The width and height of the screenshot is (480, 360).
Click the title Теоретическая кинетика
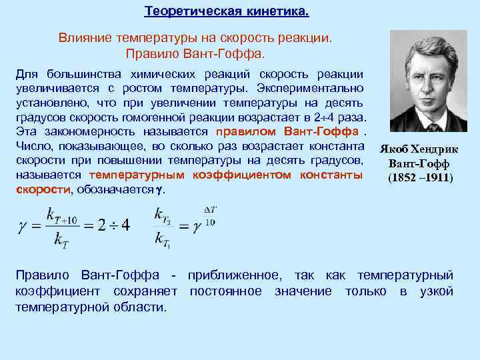(x=227, y=12)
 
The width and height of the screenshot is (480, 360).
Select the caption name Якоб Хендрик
(x=420, y=150)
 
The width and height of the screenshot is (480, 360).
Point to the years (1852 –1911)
(x=420, y=178)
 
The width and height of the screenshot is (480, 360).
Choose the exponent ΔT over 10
(x=208, y=216)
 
